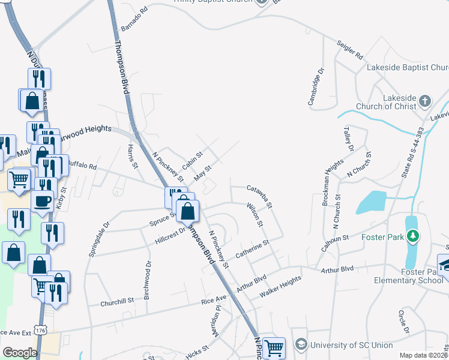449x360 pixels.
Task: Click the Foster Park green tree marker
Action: (412, 236)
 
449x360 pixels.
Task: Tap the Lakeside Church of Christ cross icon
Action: (425, 100)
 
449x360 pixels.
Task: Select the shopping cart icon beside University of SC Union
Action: (274, 347)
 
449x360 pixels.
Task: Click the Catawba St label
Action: (260, 196)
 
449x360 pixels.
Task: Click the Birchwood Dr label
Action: (147, 275)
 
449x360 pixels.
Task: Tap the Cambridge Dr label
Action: (316, 87)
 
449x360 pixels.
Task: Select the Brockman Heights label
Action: (333, 182)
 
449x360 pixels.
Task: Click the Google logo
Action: (20, 352)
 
